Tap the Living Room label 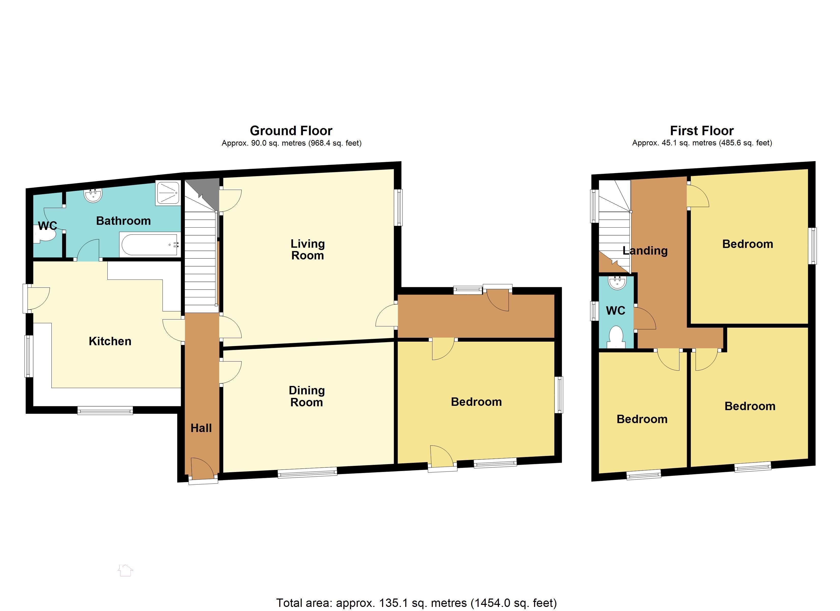pos(307,249)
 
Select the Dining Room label pos(307,396)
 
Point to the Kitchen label pos(110,341)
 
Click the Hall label pos(201,428)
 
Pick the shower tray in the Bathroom pos(168,193)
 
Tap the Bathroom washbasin pos(93,195)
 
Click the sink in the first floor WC pos(617,283)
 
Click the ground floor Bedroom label pos(476,402)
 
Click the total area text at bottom pos(416,603)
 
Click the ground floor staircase pos(200,259)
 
